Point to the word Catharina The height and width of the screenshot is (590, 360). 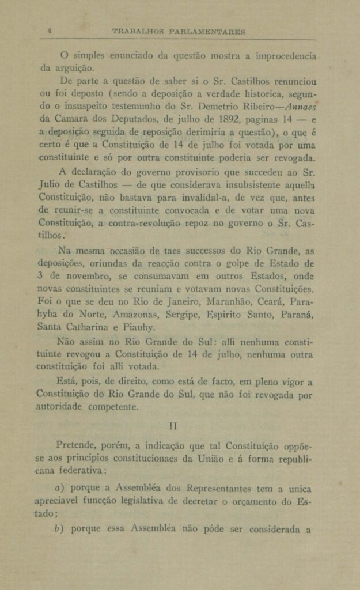tap(87, 328)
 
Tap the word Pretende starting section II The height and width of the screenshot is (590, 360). tap(80, 447)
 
